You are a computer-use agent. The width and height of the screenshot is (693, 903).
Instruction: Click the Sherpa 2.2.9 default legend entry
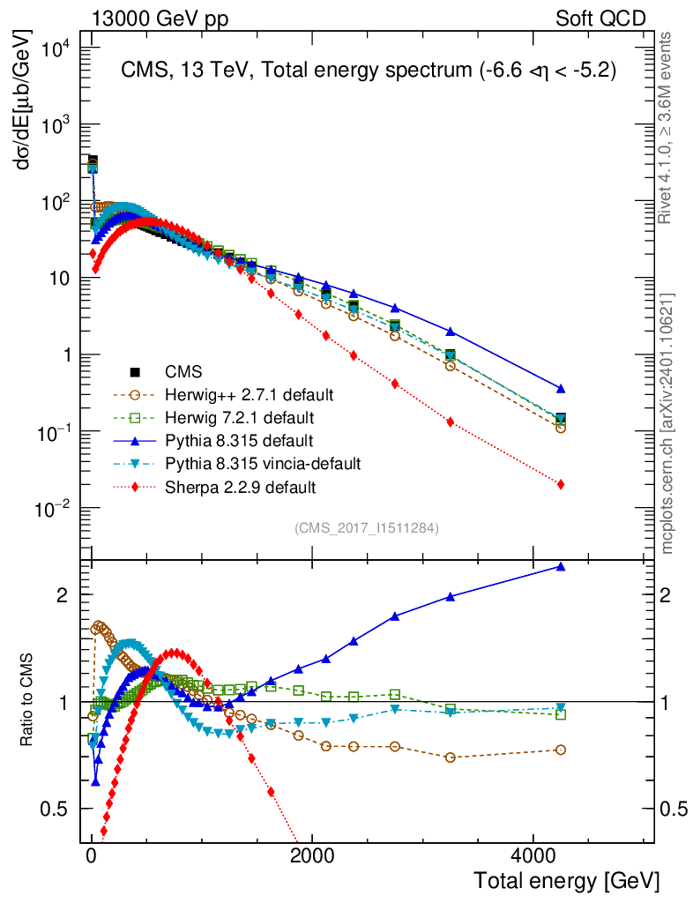click(247, 486)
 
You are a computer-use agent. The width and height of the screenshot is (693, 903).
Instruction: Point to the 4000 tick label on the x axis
click(532, 855)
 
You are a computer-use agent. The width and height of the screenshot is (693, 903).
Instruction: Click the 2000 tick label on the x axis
click(311, 855)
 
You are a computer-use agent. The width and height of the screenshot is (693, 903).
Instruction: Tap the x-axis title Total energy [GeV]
click(566, 880)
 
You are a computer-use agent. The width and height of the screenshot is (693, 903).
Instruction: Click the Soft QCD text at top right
click(600, 19)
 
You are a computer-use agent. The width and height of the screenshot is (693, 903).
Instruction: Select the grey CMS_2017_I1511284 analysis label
click(367, 528)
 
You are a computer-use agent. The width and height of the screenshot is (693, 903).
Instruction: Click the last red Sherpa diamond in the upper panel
click(561, 484)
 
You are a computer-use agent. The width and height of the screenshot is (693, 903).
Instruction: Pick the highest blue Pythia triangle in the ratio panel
click(561, 566)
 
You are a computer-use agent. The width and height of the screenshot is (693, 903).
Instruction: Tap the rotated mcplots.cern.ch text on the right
click(667, 423)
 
